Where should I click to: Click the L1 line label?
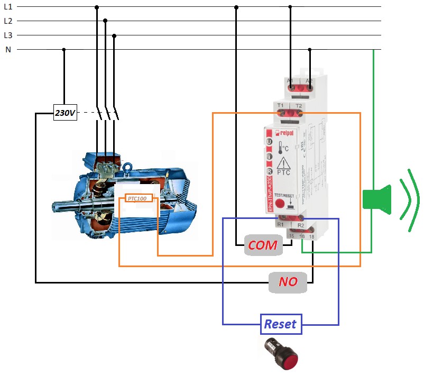[8, 7]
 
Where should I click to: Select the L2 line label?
[8, 21]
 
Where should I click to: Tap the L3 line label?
[8, 35]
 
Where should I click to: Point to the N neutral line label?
[8, 50]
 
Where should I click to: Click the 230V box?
[66, 113]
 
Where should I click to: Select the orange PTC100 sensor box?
[139, 198]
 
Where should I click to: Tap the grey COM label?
[263, 245]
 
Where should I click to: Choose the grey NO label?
[288, 282]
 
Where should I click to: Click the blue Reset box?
[280, 324]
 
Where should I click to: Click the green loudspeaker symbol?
[377, 199]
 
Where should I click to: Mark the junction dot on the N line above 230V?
[64, 50]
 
